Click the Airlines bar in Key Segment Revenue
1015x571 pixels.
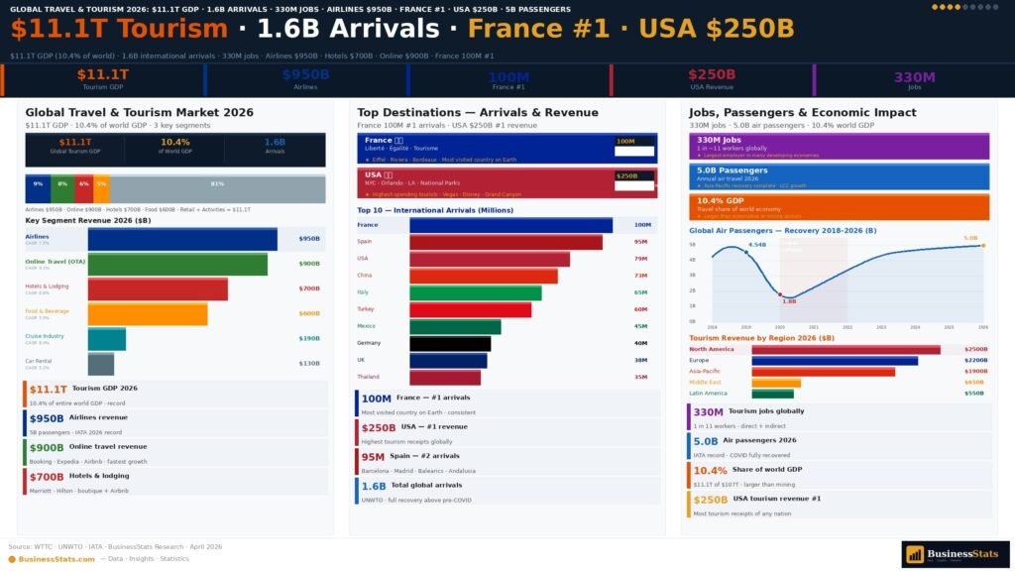(182, 240)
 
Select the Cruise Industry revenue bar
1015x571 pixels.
(106, 339)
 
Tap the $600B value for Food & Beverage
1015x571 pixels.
(309, 314)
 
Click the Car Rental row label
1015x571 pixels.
(39, 362)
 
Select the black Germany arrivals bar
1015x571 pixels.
(449, 344)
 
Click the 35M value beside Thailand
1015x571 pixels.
(640, 378)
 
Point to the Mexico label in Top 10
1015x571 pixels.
(366, 326)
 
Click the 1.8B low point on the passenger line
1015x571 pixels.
(780, 293)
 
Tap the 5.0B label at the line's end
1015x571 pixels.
(969, 239)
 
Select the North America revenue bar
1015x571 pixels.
(846, 350)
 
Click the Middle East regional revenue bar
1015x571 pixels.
(776, 383)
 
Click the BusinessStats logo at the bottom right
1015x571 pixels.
(955, 554)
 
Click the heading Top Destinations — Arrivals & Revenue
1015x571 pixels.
(478, 113)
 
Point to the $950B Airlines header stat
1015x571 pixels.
(305, 78)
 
